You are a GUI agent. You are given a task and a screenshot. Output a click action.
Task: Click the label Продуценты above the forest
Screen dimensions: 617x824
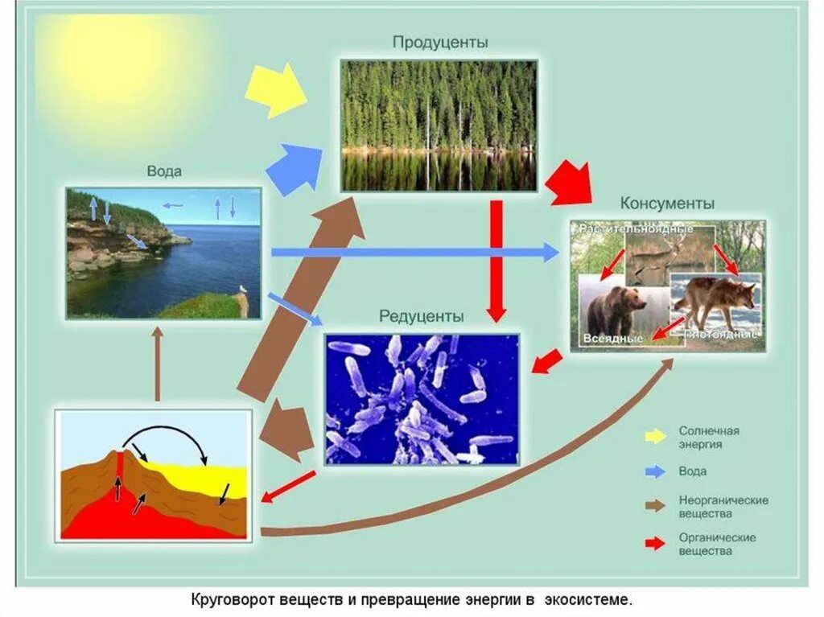pyautogui.click(x=439, y=42)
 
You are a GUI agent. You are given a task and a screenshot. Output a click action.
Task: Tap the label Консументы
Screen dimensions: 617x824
pyautogui.click(x=667, y=204)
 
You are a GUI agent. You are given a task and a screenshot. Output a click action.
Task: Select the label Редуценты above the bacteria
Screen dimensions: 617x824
pyautogui.click(x=422, y=316)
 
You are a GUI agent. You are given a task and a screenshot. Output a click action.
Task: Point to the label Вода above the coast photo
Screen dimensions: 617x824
pyautogui.click(x=164, y=171)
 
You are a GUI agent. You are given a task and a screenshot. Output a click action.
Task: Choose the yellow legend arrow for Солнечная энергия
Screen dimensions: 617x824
pyautogui.click(x=654, y=437)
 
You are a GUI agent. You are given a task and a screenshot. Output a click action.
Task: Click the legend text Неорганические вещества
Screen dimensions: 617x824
pyautogui.click(x=723, y=506)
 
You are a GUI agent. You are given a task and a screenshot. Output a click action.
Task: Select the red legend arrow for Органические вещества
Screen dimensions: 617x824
pyautogui.click(x=654, y=544)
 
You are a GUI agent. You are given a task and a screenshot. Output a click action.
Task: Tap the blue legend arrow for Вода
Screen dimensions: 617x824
pyautogui.click(x=654, y=471)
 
